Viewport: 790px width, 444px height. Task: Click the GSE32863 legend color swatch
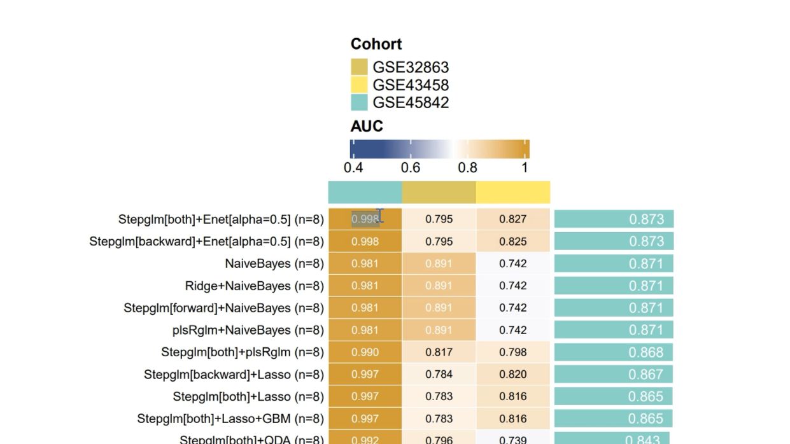click(x=359, y=67)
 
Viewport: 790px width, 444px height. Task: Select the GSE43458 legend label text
click(x=411, y=85)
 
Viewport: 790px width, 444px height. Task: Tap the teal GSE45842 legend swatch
click(x=359, y=102)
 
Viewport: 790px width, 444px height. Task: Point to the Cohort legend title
click(x=376, y=45)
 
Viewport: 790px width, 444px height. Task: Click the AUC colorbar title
click(x=367, y=126)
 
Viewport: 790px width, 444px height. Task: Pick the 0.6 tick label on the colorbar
click(x=411, y=168)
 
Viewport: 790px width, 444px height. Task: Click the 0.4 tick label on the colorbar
click(x=353, y=168)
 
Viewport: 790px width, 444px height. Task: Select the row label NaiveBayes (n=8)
click(x=274, y=263)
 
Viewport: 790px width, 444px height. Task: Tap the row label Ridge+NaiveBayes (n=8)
click(x=254, y=286)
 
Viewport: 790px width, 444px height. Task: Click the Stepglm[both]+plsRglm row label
click(x=242, y=352)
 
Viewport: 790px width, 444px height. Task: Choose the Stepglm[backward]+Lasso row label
click(x=234, y=375)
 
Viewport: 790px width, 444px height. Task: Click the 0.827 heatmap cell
click(x=512, y=219)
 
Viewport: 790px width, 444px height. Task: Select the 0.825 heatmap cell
click(x=512, y=241)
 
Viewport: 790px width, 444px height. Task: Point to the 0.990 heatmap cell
click(x=365, y=352)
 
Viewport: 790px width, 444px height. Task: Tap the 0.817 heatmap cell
click(x=439, y=352)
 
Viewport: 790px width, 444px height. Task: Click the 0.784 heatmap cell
click(x=439, y=375)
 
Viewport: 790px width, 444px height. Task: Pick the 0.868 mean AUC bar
click(x=614, y=352)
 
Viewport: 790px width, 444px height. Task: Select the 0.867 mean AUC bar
click(x=613, y=375)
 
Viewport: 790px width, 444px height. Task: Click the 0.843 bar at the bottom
click(x=612, y=438)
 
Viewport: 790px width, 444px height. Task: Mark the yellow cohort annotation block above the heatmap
click(x=512, y=192)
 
